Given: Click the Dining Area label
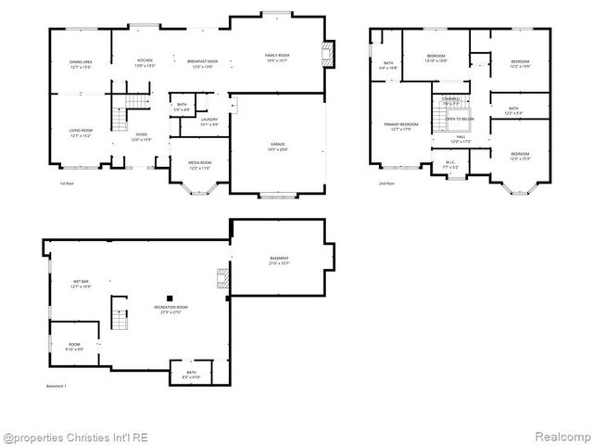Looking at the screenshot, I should coord(81,65).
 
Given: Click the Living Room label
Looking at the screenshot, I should coord(81,133).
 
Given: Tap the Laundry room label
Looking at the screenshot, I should coord(209,121).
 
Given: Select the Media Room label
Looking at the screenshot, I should coord(199,165).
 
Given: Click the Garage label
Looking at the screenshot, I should coord(277,146).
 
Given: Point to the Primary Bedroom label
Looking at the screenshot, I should coord(402,126).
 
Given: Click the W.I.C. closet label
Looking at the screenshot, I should coord(449,165).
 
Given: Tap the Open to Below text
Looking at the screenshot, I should coord(460,120).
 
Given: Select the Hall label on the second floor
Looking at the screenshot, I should coord(461,139).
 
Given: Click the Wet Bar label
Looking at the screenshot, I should coord(81,284).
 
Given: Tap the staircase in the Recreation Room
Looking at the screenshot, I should coord(119,315).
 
